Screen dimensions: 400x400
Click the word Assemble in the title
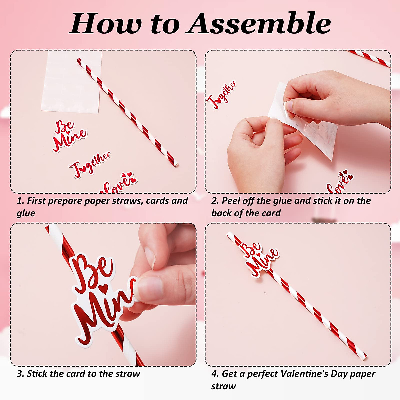click(258, 23)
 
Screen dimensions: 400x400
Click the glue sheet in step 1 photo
click(72, 82)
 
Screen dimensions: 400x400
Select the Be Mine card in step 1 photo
click(69, 136)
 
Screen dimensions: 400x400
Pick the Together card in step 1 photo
click(89, 164)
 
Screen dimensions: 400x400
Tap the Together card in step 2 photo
click(222, 95)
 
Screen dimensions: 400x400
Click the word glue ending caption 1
click(26, 213)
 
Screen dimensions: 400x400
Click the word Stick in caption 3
click(37, 374)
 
